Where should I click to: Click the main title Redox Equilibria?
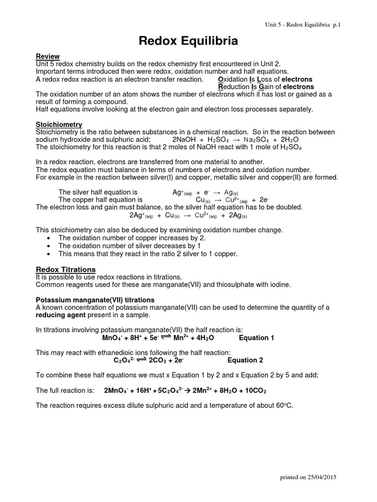(x=188, y=42)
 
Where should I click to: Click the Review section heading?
(x=48, y=56)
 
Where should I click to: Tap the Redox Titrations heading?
(x=66, y=269)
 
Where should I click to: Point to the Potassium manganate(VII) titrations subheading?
(x=95, y=300)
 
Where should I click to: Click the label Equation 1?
(x=257, y=338)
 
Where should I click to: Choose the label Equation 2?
(x=245, y=360)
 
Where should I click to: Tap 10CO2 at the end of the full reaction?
(x=255, y=391)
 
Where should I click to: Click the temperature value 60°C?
(x=283, y=405)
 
